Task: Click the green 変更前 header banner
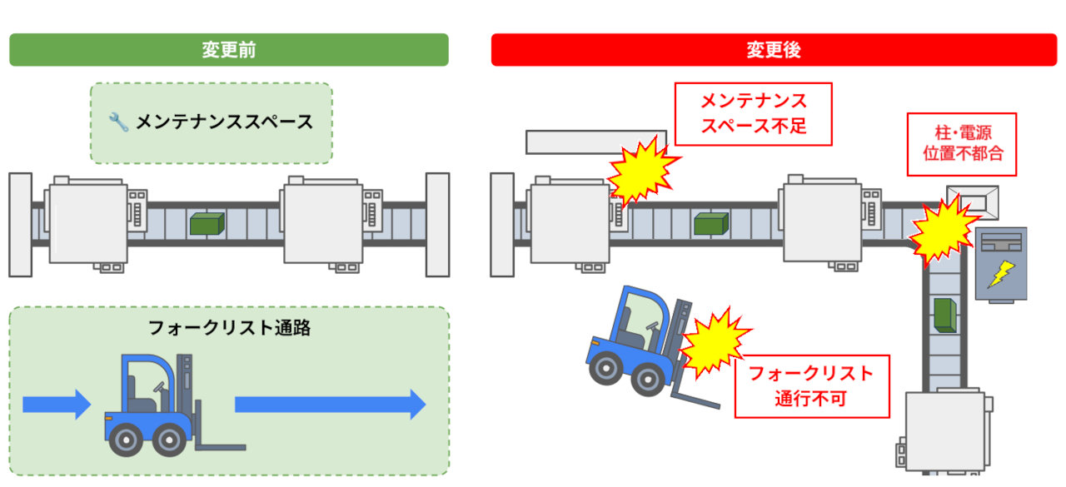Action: [x=229, y=49]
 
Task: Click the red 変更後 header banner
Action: [x=775, y=49]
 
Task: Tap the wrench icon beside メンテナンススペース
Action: [x=118, y=122]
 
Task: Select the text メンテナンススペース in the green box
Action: [x=225, y=122]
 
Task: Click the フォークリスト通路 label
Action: [x=229, y=328]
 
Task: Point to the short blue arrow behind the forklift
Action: [x=57, y=405]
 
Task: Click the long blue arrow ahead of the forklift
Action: [x=331, y=405]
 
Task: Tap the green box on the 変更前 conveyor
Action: [x=207, y=224]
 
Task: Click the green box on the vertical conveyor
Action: [x=945, y=316]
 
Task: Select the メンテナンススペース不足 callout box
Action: [x=754, y=114]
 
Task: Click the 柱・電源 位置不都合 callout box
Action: [x=962, y=144]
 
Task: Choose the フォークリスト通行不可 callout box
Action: [x=812, y=386]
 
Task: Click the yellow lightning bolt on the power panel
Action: [x=1001, y=274]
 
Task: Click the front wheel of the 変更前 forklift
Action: [x=169, y=440]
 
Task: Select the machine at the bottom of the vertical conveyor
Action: [x=945, y=431]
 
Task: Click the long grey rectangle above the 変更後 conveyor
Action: [x=595, y=142]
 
